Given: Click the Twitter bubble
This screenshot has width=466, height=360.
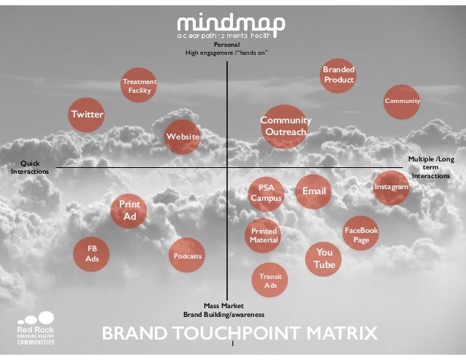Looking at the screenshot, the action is pos(87,115).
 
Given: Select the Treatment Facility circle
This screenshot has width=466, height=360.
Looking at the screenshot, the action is pos(139,86).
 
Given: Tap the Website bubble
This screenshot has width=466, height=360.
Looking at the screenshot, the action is pos(182,137).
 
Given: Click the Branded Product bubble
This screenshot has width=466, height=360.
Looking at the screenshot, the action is pos(339,74).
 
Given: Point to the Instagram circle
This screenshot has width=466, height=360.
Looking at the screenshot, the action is pos(391,188).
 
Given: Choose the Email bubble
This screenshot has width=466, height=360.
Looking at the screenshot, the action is pos(313,191).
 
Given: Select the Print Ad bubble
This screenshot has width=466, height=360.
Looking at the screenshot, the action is pos(129,210).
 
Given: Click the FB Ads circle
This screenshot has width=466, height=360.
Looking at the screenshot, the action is pos(92,253).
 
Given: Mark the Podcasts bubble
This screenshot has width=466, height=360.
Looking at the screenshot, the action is pos(187,256).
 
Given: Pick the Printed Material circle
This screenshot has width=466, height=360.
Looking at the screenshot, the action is pos(263,235).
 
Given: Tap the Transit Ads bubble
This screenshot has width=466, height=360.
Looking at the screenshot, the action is pos(270,280).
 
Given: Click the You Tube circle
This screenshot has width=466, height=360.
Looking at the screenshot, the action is pos(324,258).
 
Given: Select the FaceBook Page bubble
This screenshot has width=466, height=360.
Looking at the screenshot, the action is pos(361,234).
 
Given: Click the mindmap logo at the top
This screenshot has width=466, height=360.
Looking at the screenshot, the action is pos(231,26).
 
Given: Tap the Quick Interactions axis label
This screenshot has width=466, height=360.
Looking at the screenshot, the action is pos(30,167).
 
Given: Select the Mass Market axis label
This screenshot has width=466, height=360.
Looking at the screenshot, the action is pos(224,310).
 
